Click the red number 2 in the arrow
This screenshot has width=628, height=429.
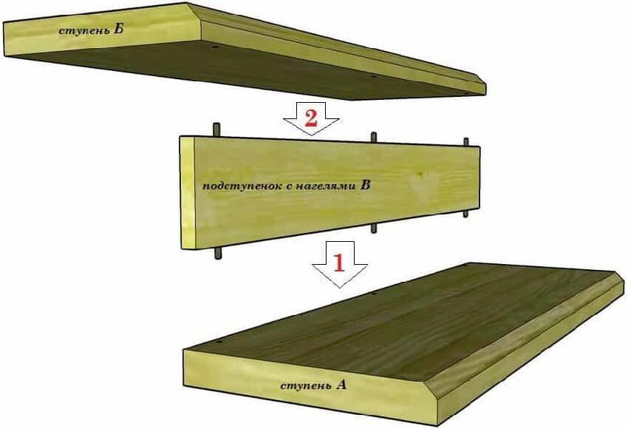coord(311,118)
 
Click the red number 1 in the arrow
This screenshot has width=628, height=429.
coord(339,263)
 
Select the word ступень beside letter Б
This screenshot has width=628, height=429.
coord(83,31)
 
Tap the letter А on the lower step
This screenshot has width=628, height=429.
coord(341,385)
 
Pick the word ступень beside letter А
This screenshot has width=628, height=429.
coord(306,387)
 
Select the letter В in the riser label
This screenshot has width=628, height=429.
coord(365,185)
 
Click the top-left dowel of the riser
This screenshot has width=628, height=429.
coord(217,130)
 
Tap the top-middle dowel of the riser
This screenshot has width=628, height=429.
coord(374,137)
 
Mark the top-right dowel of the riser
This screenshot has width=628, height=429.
coord(465,142)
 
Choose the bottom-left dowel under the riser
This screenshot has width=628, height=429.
coord(218,253)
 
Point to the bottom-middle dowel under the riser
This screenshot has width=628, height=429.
coord(374,229)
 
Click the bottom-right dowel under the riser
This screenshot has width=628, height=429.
coord(465,213)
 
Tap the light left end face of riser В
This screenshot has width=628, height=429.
coord(188,193)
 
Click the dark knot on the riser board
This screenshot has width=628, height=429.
coord(420,174)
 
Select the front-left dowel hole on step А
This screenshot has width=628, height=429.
coord(219,343)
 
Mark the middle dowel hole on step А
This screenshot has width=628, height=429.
coord(374,293)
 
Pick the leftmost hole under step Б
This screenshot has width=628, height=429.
coord(216,47)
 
